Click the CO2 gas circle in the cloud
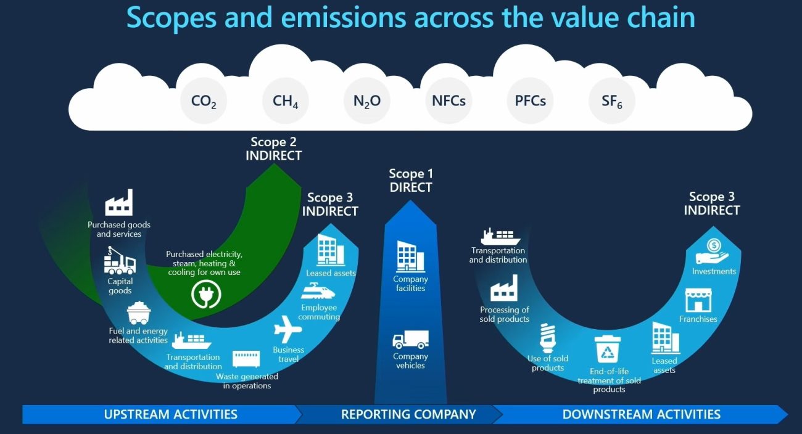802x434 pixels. point(204,101)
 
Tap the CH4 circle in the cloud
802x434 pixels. point(286,101)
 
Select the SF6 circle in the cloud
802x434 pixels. point(612,101)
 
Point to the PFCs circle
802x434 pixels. point(531,101)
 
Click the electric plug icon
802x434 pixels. point(206,294)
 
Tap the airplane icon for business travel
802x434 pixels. point(287,329)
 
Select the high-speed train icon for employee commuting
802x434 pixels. point(318,291)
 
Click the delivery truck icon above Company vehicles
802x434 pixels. point(410,339)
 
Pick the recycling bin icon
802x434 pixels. point(608,349)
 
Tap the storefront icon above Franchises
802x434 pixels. point(698,301)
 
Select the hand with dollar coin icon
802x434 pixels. point(712,252)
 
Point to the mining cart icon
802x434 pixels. point(139,313)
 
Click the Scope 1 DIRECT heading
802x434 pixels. point(411,181)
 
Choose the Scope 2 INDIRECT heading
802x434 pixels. point(273,149)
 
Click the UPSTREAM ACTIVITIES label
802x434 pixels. point(170,414)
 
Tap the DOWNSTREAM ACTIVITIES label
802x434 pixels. point(641,414)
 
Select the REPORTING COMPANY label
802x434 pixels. point(408,414)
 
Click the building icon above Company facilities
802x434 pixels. point(410,256)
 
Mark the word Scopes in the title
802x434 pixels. point(172,18)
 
